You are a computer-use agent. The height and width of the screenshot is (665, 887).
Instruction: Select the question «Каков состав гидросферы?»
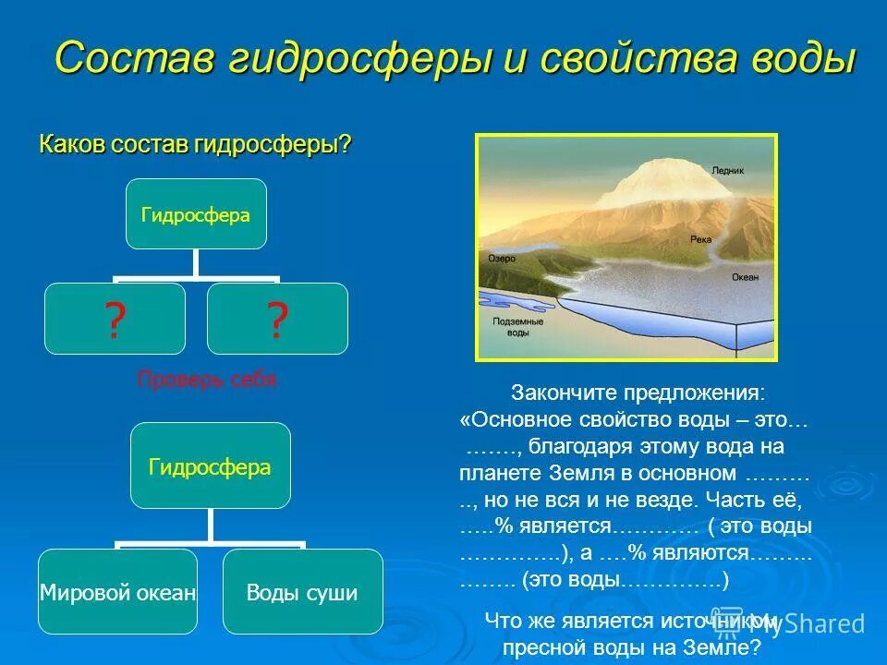(195, 145)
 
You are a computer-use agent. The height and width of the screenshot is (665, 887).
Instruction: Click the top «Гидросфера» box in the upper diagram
(196, 214)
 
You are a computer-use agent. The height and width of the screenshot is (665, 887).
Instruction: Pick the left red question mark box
(115, 320)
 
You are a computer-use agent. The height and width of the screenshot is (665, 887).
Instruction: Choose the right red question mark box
(277, 320)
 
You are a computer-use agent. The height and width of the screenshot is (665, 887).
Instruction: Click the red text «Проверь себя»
(207, 380)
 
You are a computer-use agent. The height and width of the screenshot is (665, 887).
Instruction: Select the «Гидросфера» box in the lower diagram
(210, 466)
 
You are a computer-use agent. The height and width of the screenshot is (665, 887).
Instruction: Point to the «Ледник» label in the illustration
(727, 171)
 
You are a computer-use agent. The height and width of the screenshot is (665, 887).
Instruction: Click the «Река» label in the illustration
(700, 238)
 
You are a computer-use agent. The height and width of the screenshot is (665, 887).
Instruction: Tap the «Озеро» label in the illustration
(502, 259)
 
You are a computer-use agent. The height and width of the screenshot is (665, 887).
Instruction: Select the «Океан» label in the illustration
(745, 276)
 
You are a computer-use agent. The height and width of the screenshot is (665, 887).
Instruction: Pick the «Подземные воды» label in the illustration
(511, 326)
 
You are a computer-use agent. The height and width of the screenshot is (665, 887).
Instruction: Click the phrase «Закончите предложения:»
(638, 393)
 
